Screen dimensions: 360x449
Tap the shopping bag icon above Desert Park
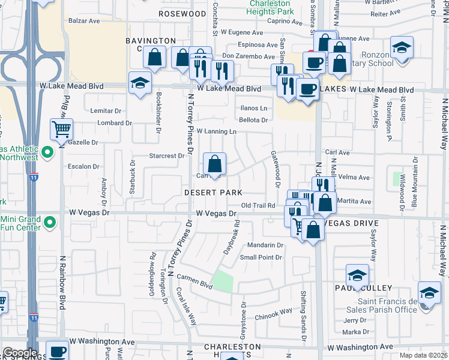[x=214, y=163]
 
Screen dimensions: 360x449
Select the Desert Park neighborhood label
[x=213, y=193]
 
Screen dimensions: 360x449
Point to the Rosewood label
[x=182, y=13]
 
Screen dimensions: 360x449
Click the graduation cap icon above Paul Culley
[x=357, y=275]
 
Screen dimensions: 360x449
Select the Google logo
[x=20, y=353]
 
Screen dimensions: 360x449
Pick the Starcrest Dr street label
[x=166, y=155]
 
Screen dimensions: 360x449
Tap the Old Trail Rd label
[x=258, y=205]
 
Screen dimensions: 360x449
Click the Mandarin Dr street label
[x=265, y=245]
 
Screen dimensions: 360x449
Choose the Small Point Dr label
[x=261, y=257]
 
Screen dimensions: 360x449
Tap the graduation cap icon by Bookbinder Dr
[x=140, y=83]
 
